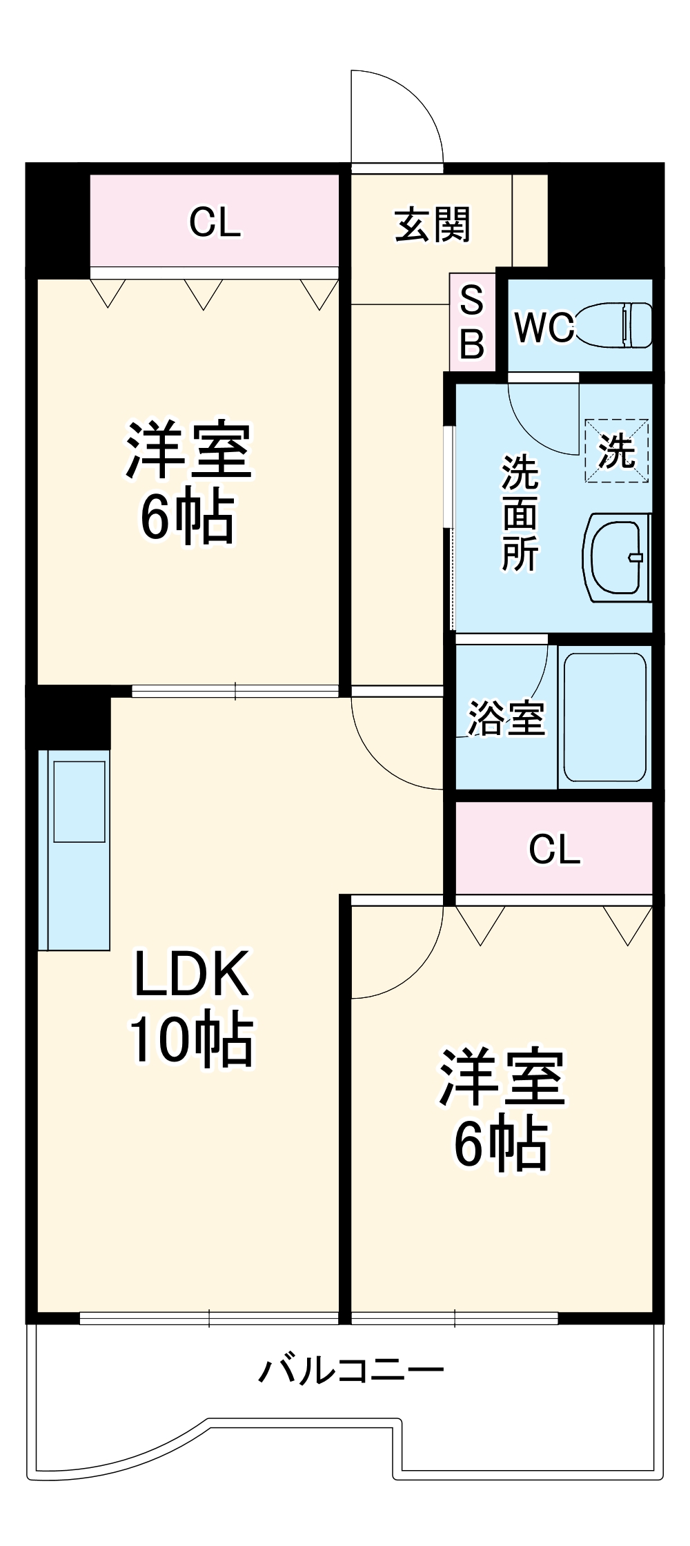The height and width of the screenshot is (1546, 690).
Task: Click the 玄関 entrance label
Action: (433, 224)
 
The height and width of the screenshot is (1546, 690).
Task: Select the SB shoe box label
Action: (472, 322)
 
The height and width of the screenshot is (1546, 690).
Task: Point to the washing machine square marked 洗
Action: (617, 451)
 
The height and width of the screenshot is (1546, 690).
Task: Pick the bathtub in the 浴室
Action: (605, 716)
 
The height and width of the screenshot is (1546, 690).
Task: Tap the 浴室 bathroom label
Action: (506, 718)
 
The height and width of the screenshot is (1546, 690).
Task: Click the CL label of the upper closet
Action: (215, 222)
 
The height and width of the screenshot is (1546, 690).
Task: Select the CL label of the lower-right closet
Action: (555, 849)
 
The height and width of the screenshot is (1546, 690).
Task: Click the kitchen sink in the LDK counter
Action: (79, 801)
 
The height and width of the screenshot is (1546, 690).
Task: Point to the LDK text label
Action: (192, 973)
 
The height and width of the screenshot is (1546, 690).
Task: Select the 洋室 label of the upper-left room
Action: (188, 450)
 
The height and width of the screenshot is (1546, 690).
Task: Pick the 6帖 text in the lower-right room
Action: (501, 1144)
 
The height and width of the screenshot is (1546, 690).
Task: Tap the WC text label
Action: (544, 327)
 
